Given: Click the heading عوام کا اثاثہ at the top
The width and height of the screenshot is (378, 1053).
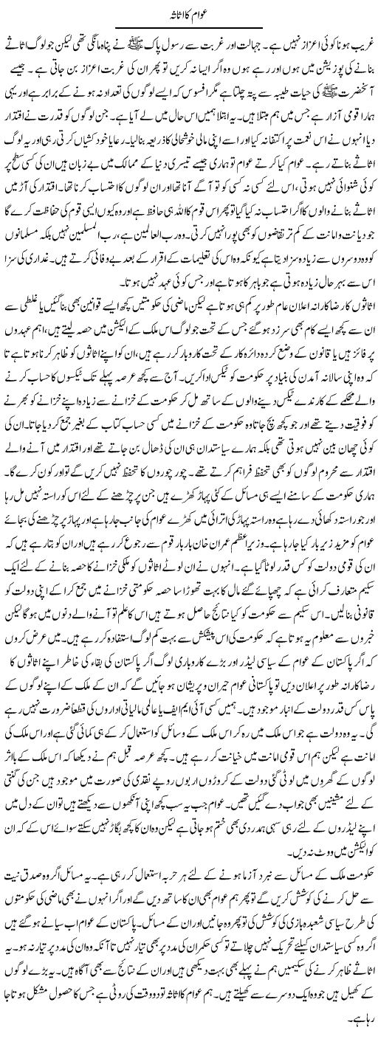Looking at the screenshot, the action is coord(189,14).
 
